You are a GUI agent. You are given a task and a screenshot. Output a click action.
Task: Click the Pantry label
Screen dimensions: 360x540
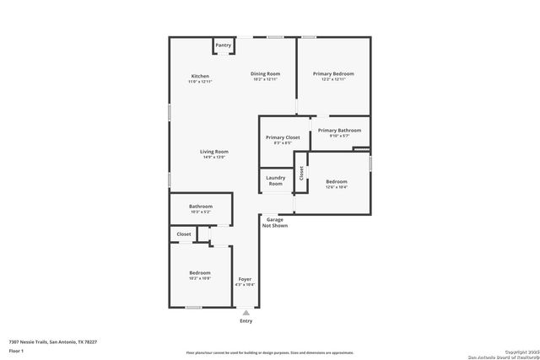(x=223, y=46)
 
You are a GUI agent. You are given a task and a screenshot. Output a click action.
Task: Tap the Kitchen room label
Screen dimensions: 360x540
(x=200, y=77)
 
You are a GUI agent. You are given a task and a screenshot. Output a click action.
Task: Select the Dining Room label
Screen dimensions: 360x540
(x=265, y=74)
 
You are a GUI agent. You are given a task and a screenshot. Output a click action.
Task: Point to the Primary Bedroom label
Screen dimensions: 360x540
(x=333, y=74)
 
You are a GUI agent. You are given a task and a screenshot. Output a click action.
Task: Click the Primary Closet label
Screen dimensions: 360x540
(x=283, y=137)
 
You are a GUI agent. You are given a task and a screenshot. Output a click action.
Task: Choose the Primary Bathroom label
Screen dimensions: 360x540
(x=340, y=131)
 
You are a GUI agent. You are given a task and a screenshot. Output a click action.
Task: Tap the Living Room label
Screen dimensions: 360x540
(x=214, y=152)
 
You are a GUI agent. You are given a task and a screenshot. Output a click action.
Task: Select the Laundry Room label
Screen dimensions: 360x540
(x=276, y=180)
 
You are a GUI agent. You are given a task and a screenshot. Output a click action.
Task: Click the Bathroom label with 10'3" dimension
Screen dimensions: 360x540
(x=200, y=207)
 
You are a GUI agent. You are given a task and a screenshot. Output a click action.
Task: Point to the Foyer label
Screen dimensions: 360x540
(x=244, y=279)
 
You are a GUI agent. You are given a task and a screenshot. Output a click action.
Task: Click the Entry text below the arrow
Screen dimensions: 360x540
(x=246, y=321)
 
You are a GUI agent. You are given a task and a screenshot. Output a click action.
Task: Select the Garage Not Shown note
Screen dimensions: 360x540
(x=275, y=223)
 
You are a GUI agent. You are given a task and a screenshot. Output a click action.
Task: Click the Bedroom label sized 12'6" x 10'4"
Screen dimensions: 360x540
(x=337, y=181)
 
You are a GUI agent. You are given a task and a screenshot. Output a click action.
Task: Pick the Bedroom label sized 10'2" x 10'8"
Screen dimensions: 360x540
(x=199, y=273)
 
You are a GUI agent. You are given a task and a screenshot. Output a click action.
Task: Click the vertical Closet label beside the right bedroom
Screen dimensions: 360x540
(x=301, y=174)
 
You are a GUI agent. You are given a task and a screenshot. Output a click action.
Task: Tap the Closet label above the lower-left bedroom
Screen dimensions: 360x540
(x=183, y=234)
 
